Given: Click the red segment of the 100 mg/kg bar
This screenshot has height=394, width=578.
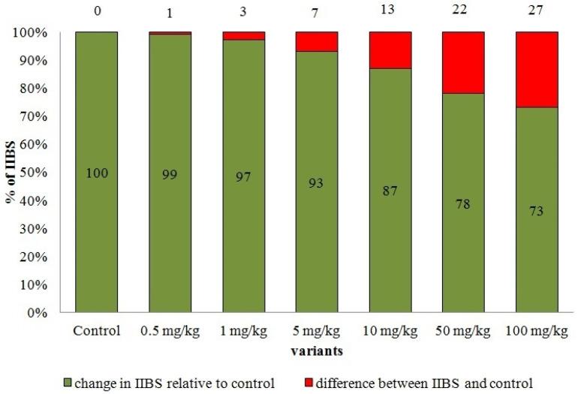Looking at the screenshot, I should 537,69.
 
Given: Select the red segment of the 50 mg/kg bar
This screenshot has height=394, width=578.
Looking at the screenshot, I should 463,62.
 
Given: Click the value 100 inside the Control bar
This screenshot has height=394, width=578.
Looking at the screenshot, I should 97,173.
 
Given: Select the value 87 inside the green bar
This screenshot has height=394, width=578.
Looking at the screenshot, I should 390,191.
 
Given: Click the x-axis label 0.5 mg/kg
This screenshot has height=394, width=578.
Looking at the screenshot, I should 170,331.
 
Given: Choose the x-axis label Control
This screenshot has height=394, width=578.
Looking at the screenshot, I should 97,331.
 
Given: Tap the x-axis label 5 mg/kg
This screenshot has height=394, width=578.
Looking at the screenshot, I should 317,331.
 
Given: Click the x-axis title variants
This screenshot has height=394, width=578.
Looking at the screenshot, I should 318,350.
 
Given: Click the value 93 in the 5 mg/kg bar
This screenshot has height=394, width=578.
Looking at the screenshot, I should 317,182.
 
